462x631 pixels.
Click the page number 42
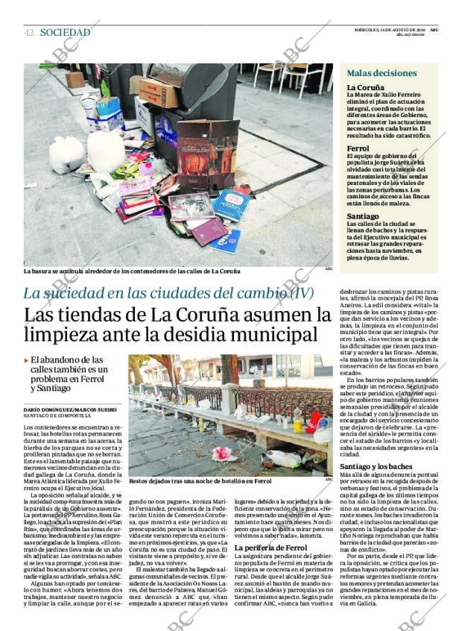(x=28, y=33)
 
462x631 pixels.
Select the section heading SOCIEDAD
(x=65, y=33)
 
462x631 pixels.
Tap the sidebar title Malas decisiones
(x=382, y=73)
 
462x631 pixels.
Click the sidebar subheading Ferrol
(x=358, y=148)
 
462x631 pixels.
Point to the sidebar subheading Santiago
(x=362, y=216)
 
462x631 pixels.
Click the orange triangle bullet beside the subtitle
(x=27, y=360)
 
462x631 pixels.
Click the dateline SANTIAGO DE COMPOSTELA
(x=58, y=417)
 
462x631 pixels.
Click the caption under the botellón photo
(x=200, y=481)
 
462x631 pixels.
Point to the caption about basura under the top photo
(x=132, y=271)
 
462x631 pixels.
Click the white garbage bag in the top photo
(x=67, y=154)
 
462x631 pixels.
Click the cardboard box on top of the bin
(x=158, y=92)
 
